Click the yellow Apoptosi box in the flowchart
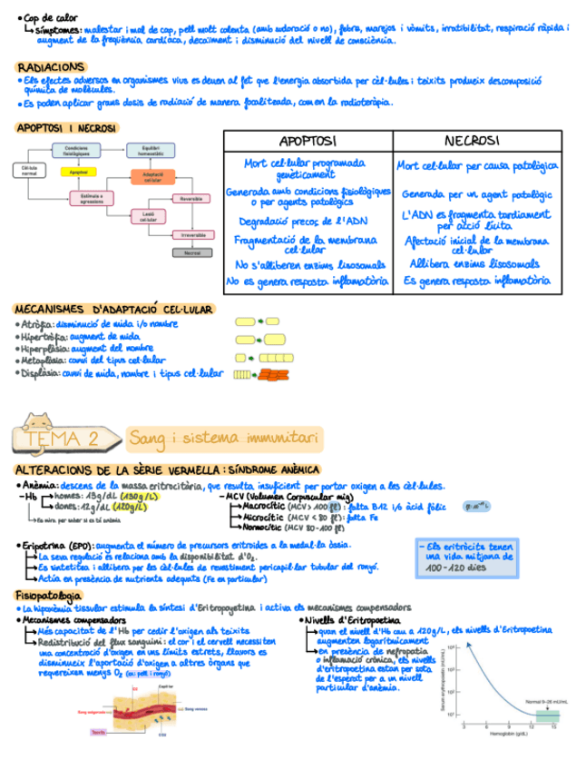click(78, 172)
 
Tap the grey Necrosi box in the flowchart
click(191, 253)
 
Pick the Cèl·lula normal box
click(29, 171)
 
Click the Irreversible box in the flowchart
click(191, 234)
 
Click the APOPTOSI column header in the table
click(308, 141)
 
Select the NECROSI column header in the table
click(473, 141)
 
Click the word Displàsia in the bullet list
click(39, 372)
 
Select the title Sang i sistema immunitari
click(223, 439)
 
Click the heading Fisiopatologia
click(50, 595)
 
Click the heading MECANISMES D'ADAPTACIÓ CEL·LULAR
click(114, 309)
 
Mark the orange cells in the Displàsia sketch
click(273, 374)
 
